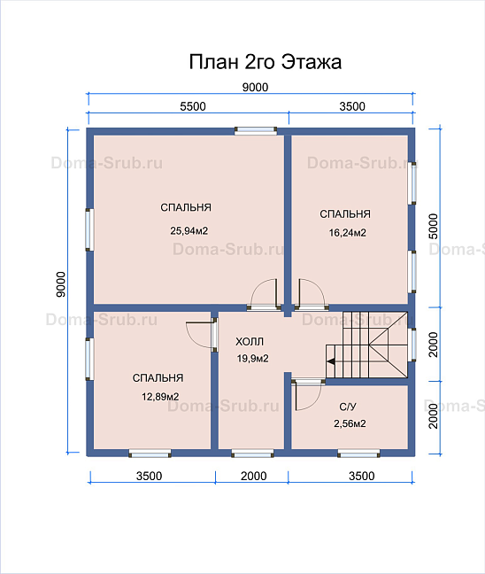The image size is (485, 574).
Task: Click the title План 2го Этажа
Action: pos(266,62)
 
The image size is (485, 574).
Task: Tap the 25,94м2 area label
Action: pos(189,230)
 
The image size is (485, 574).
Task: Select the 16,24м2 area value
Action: pos(348,232)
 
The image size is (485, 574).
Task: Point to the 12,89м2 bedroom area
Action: pos(160,397)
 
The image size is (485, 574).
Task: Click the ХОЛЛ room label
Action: pos(250,342)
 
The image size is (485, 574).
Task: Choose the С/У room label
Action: pos(348,407)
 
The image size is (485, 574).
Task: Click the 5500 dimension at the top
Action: pos(193,106)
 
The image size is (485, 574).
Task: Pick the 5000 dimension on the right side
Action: pos(433,226)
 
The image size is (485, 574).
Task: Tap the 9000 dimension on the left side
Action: pos(61,284)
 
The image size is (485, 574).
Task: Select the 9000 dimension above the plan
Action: pos(255,87)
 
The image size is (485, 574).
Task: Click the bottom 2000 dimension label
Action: pos(253,476)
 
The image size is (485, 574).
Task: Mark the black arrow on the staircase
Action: pos(331,361)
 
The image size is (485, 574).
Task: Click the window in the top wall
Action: pos(256,131)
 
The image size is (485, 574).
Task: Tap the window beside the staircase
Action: pos(412,345)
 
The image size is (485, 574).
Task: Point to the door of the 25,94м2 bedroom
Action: pos(264,293)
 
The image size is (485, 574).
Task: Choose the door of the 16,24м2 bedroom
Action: pos(311,293)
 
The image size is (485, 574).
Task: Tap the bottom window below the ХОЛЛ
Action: pos(252,454)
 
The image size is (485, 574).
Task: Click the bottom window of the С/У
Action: pos(358,454)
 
